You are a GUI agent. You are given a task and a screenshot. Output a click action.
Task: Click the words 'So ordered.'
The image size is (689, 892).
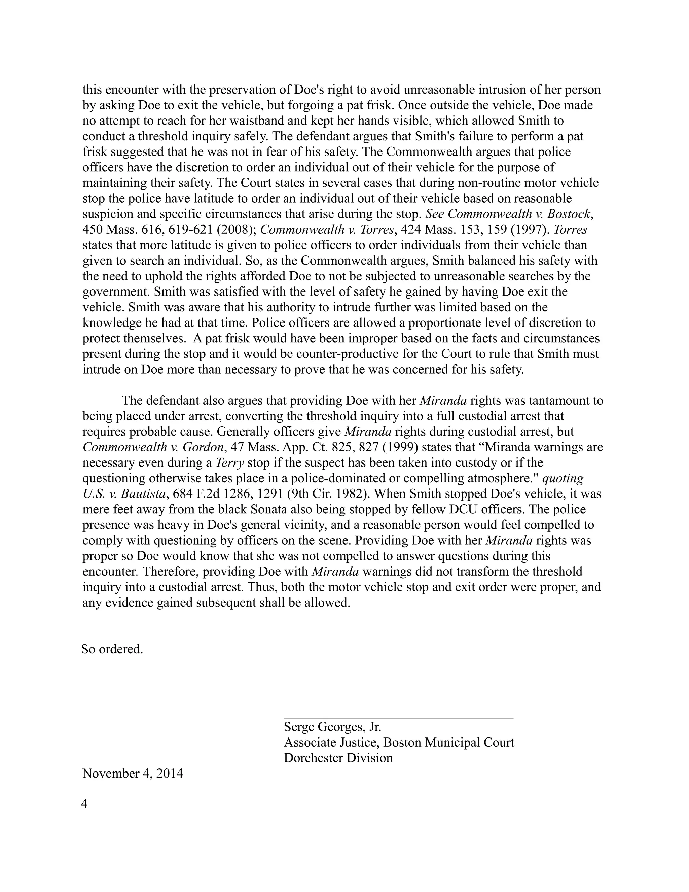pyautogui.click(x=112, y=649)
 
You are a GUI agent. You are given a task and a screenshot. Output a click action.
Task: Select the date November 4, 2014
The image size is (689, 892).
pyautogui.click(x=133, y=774)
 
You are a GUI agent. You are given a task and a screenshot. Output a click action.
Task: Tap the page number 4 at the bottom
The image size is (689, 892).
pyautogui.click(x=85, y=804)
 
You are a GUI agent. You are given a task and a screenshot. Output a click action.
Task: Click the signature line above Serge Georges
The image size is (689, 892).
pyautogui.click(x=398, y=717)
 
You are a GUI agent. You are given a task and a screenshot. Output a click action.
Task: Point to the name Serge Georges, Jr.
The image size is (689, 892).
pyautogui.click(x=332, y=727)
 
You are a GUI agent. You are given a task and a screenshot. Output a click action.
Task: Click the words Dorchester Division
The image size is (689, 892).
pyautogui.click(x=338, y=758)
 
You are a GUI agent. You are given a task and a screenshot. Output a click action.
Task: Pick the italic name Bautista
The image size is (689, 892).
pyautogui.click(x=143, y=494)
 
